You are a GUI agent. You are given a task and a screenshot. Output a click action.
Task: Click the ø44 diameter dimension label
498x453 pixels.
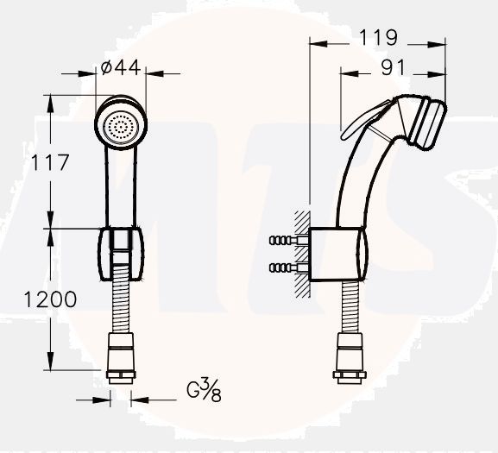pyautogui.click(x=120, y=67)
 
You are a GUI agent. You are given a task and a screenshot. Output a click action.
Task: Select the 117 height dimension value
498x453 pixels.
pyautogui.click(x=50, y=162)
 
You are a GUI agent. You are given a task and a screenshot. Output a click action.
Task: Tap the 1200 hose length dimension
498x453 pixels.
pyautogui.click(x=50, y=299)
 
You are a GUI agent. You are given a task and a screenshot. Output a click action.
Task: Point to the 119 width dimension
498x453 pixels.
pyautogui.click(x=378, y=37)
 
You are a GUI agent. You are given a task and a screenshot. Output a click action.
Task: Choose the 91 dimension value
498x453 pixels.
pyautogui.click(x=394, y=67)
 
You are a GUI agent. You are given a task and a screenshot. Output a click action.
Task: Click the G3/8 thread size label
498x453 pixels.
pyautogui.click(x=204, y=391)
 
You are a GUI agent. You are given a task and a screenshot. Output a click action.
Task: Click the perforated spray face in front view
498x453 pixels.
pyautogui.click(x=120, y=128)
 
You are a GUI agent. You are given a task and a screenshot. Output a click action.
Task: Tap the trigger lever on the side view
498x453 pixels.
pyautogui.click(x=366, y=120)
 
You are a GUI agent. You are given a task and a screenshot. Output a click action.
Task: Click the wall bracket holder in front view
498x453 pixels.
pyautogui.click(x=120, y=254)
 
